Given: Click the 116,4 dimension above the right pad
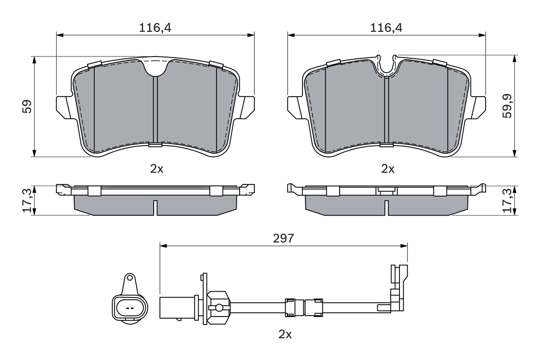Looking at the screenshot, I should (386, 28).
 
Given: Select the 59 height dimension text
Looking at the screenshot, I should (27, 106).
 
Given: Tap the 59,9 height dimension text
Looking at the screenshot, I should (507, 106).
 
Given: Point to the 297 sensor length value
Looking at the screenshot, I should (283, 238).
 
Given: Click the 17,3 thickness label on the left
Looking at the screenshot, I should (27, 201).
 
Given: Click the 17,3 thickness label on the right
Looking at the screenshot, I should (507, 201).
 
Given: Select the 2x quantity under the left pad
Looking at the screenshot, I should (157, 169).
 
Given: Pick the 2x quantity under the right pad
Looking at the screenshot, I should (387, 169).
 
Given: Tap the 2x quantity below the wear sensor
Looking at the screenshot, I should (285, 335).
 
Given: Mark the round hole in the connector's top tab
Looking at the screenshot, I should (130, 278).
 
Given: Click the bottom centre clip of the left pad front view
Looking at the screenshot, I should (155, 145).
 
